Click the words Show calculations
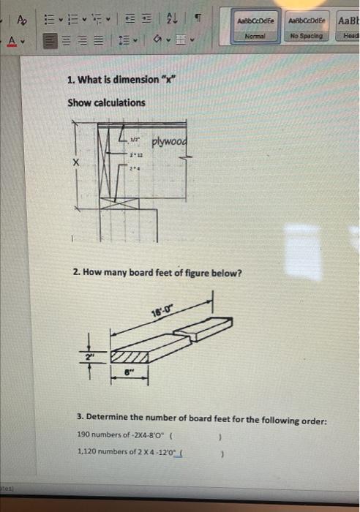coord(106,102)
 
